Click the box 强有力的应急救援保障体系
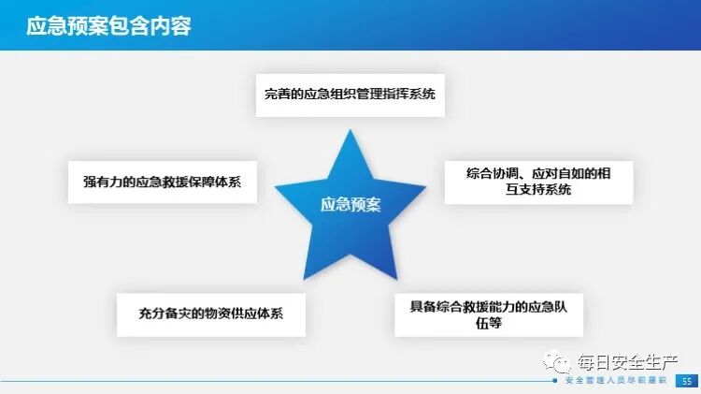163,182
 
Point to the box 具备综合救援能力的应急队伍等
490,314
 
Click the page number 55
687,381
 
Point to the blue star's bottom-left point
304,271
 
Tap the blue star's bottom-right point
397,271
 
